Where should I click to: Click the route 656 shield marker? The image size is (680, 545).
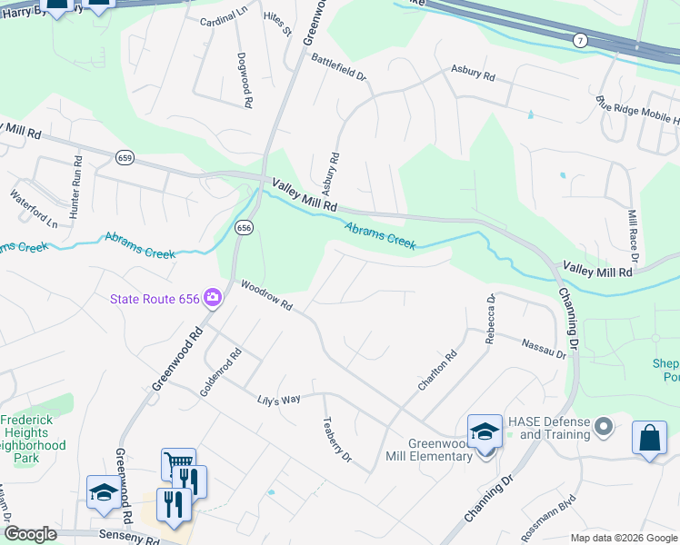(x=243, y=227)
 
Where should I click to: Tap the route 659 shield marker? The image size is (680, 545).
(x=125, y=158)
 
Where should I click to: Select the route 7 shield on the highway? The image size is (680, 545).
(x=579, y=40)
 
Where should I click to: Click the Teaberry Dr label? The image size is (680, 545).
(x=337, y=440)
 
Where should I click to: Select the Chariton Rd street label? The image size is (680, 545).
(x=436, y=372)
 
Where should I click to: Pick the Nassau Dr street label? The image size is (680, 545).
(x=543, y=348)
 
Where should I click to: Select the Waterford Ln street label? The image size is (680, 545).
(x=34, y=208)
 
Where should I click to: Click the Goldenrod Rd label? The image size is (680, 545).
(x=221, y=373)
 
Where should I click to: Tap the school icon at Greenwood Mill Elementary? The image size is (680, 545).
(x=485, y=432)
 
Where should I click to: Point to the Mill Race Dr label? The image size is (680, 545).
(x=635, y=238)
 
